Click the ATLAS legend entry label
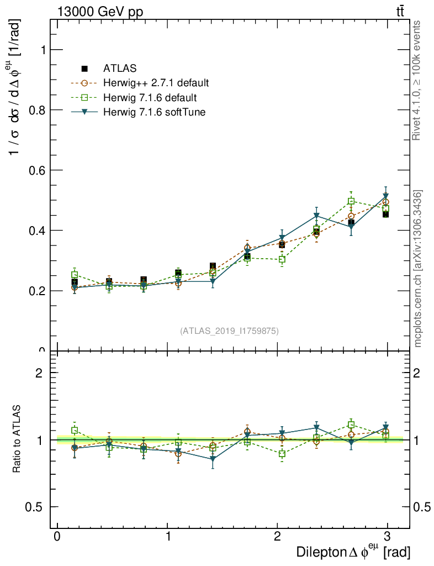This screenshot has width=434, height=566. (x=120, y=69)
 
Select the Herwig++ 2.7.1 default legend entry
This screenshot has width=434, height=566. (x=156, y=83)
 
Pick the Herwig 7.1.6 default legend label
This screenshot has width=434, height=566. (x=150, y=98)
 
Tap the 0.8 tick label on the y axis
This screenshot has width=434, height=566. (x=35, y=109)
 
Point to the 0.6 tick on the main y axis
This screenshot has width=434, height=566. (x=35, y=170)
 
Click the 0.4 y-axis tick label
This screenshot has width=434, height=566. (x=35, y=230)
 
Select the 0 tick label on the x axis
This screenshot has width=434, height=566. (x=57, y=537)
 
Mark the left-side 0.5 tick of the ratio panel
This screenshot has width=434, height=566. (x=35, y=507)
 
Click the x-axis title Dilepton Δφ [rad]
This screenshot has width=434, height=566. (x=353, y=551)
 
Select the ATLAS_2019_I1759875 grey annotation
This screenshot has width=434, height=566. (x=229, y=331)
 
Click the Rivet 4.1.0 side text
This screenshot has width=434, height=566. (x=418, y=80)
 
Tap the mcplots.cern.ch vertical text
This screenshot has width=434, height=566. (x=418, y=268)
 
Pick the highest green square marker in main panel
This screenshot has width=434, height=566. (x=351, y=201)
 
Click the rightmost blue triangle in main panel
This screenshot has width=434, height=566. (x=386, y=196)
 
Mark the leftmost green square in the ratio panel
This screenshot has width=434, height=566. (x=75, y=430)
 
